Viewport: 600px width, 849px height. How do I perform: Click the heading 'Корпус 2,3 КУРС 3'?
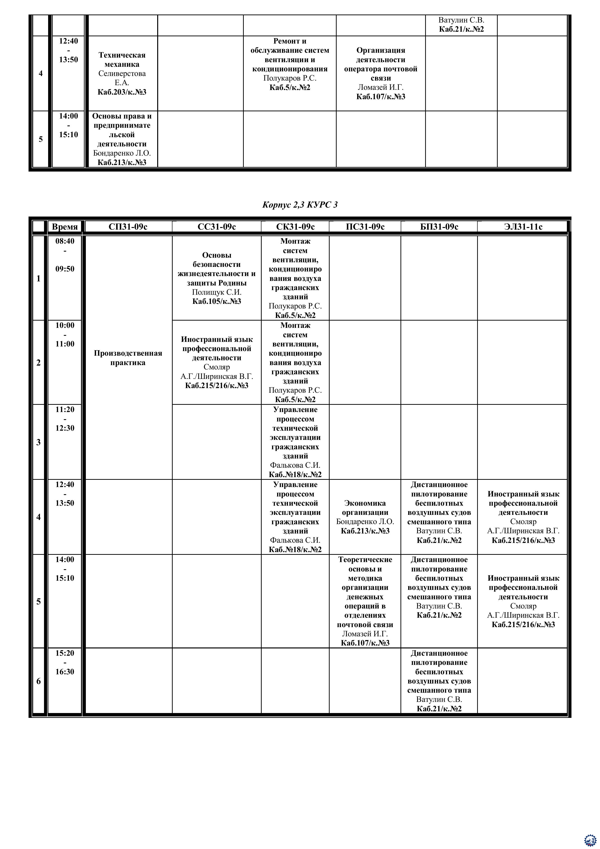pyautogui.click(x=300, y=205)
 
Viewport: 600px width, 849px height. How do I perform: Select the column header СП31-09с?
pyautogui.click(x=128, y=227)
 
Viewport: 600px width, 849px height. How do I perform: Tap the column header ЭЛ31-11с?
pyautogui.click(x=523, y=227)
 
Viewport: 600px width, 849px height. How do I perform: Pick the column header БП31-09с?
pyautogui.click(x=439, y=227)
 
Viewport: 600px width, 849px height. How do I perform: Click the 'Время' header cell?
pyautogui.click(x=65, y=227)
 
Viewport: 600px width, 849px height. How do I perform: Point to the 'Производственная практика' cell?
pyautogui.click(x=128, y=358)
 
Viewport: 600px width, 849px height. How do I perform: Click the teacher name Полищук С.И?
pyautogui.click(x=217, y=292)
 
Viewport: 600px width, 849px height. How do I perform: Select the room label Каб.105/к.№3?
pyautogui.click(x=217, y=301)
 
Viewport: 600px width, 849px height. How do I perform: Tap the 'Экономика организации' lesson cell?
pyautogui.click(x=365, y=517)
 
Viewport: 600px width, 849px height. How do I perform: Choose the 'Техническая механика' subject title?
pyautogui.click(x=122, y=60)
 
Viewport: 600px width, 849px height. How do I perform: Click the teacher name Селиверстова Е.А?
pyautogui.click(x=122, y=78)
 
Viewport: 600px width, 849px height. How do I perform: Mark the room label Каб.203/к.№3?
pyautogui.click(x=122, y=92)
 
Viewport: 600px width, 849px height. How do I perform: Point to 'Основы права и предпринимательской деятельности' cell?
pyautogui.click(x=122, y=139)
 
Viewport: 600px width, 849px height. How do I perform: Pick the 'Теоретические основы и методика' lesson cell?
pyautogui.click(x=365, y=601)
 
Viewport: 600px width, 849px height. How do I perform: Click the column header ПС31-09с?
pyautogui.click(x=365, y=227)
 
